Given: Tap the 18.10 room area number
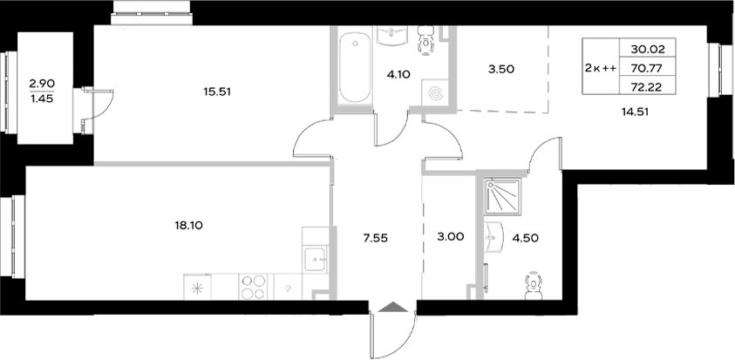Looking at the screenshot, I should [x=188, y=225].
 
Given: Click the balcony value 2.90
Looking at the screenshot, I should [x=42, y=84].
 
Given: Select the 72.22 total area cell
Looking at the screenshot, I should [x=658, y=87].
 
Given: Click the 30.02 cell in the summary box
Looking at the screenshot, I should [x=658, y=49].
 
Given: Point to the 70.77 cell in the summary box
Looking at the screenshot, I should [x=658, y=68].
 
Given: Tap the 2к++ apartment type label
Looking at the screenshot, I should [x=599, y=68].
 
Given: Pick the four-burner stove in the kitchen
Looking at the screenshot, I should [x=252, y=287].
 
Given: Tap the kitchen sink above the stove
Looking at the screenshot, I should [x=314, y=256].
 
